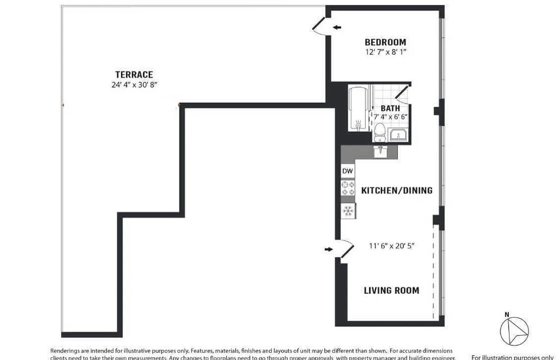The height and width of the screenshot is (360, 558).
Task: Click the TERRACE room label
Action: [x=134, y=75]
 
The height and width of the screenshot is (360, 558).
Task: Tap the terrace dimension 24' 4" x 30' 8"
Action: [x=134, y=85]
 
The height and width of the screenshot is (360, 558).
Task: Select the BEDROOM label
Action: [x=385, y=42]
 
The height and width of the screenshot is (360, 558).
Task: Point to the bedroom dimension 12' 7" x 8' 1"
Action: [x=386, y=52]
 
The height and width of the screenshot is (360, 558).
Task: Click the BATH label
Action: [x=390, y=108]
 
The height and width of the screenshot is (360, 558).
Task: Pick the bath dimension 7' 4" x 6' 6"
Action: [x=390, y=116]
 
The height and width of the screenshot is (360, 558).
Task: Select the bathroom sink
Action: [x=398, y=135]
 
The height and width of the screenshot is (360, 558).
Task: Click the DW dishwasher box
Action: [x=348, y=171]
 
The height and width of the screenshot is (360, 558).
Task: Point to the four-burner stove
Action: [x=348, y=188]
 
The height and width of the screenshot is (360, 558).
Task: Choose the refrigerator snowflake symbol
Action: [x=348, y=211]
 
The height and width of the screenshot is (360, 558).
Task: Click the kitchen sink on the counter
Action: [x=380, y=151]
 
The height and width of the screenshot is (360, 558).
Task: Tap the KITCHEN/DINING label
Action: [x=397, y=190]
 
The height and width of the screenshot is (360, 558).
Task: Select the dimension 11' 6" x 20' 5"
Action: [x=391, y=246]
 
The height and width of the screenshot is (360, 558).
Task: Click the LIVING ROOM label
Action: [x=391, y=290]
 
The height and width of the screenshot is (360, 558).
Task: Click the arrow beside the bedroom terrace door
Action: [x=337, y=28]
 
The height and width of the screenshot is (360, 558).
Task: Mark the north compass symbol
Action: [x=515, y=331]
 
